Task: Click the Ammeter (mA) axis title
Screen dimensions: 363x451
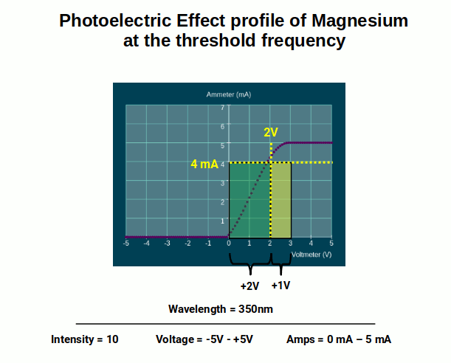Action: coord(230,94)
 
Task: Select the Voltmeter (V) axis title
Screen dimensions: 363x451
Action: coord(311,254)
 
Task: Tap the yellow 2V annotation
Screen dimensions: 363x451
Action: coord(271,133)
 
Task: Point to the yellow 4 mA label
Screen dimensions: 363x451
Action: coord(204,164)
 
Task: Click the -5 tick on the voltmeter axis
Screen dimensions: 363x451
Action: coord(126,243)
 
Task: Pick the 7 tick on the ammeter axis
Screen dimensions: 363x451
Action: coord(221,108)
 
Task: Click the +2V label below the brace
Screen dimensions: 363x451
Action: coord(250,286)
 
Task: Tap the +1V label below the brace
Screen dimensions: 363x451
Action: coord(281,286)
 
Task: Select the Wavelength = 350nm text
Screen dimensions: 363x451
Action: coord(221,308)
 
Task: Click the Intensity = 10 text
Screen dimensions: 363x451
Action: coord(84,339)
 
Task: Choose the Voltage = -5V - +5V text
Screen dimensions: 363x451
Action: coord(204,339)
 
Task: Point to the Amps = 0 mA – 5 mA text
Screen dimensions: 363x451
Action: coord(339,339)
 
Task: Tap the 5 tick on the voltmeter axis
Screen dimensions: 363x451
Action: coord(331,243)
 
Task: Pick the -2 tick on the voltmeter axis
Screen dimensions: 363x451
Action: coord(187,243)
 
